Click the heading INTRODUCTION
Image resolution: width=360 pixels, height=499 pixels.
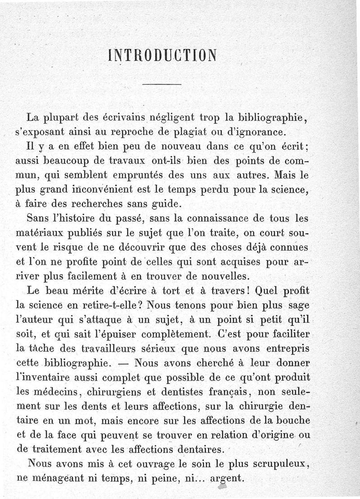click(162, 55)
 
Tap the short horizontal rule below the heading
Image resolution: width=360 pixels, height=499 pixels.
click(162, 85)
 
